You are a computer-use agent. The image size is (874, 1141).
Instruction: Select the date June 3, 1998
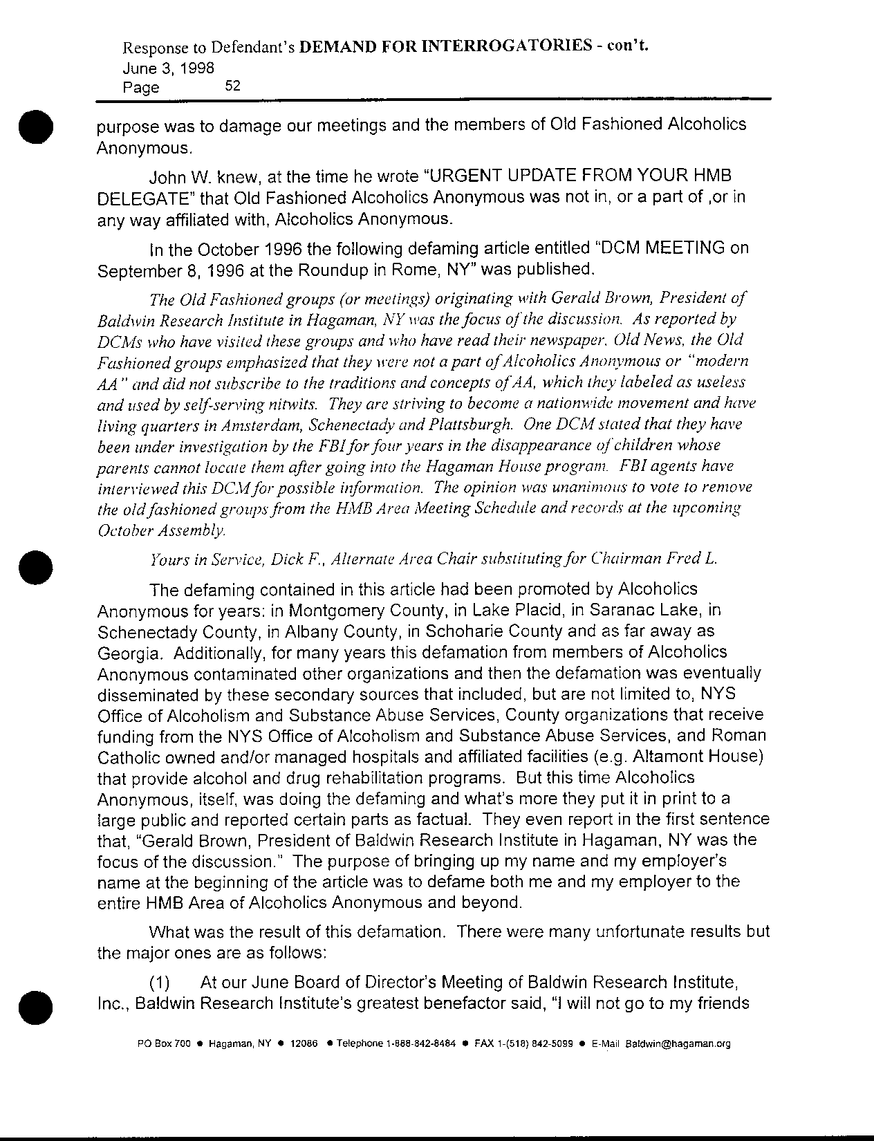[x=168, y=68]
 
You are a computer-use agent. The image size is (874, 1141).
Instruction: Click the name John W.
[x=180, y=176]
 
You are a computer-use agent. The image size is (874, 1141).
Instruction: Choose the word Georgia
[x=129, y=652]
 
